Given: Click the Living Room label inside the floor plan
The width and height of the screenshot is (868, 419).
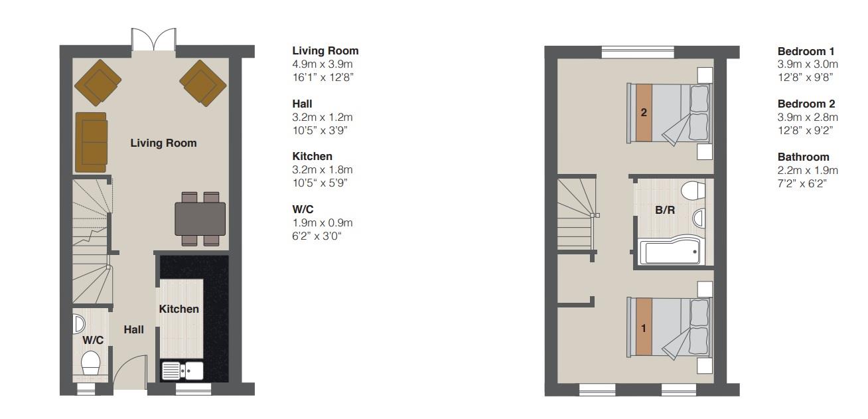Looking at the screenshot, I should click(x=163, y=143).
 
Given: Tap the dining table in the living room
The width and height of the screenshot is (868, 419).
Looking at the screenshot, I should click(x=200, y=218).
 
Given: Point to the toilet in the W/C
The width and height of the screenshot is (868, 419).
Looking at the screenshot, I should click(x=90, y=363).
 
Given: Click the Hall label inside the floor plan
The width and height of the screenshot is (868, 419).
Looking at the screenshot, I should click(x=133, y=329).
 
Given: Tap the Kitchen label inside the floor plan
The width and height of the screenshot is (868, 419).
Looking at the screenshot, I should click(x=179, y=309).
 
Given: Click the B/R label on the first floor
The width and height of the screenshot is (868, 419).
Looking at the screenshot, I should click(x=665, y=210).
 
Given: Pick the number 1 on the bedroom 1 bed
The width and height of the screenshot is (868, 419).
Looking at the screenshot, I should click(x=644, y=328).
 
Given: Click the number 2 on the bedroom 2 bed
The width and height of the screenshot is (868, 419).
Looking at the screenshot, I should click(x=644, y=112).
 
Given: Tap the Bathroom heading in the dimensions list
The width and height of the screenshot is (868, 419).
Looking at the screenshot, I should click(x=803, y=157).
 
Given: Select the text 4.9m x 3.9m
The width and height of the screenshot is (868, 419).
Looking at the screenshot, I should click(x=323, y=64).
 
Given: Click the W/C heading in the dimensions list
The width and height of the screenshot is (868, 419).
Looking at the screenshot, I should click(x=303, y=210).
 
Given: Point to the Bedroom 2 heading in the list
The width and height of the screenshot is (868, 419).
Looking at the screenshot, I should click(x=806, y=104).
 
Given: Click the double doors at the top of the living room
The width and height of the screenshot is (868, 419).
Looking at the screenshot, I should click(x=153, y=40).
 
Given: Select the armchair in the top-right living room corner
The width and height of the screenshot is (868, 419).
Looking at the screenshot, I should click(x=202, y=83).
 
